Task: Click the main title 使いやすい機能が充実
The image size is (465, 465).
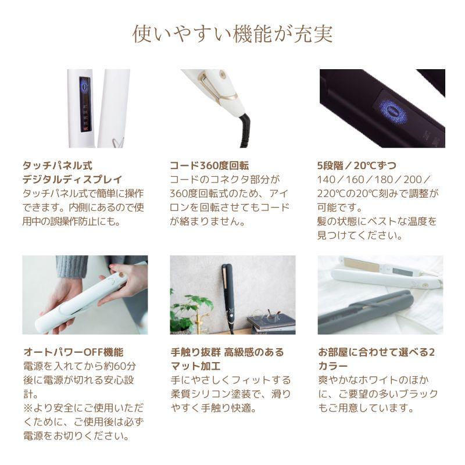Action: tap(233, 34)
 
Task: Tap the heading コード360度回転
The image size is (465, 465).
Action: tap(209, 166)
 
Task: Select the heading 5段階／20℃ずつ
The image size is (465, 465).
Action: tap(357, 166)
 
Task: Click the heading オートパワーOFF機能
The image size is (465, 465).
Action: tap(74, 352)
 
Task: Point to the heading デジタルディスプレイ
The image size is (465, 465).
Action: tap(72, 180)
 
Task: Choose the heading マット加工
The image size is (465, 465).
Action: tap(195, 366)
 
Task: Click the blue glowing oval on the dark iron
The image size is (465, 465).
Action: tap(391, 112)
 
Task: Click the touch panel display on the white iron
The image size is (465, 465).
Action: tap(85, 105)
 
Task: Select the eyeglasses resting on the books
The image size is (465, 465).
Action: tap(266, 315)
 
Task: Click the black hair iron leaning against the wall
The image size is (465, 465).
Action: tap(228, 298)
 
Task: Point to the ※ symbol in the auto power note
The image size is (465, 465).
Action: tap(28, 408)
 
